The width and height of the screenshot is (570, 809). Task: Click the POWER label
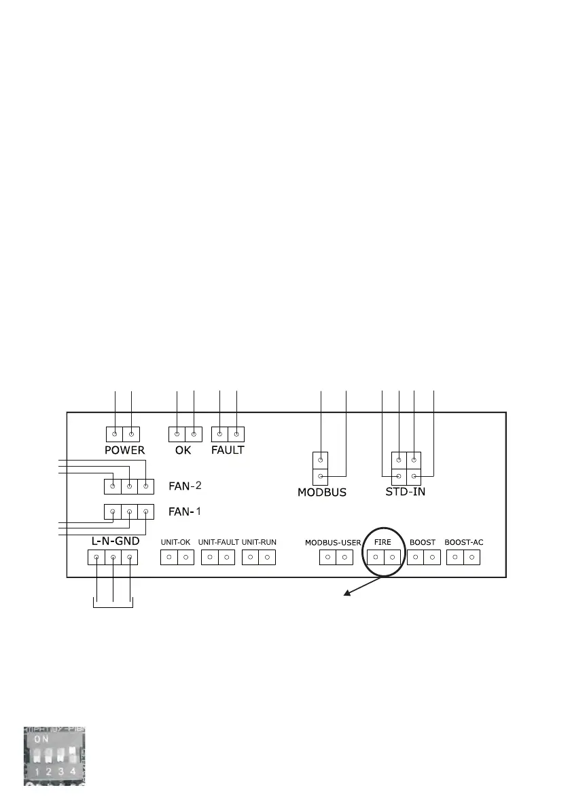[x=124, y=450]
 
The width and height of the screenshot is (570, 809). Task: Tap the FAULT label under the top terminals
[x=228, y=450]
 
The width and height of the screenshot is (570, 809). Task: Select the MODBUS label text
[x=322, y=492]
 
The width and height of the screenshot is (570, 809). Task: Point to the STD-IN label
[x=405, y=491]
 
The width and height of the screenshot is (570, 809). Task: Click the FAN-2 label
[x=185, y=486]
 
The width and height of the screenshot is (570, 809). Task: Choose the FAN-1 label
[x=181, y=511]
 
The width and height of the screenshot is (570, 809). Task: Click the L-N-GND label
[x=115, y=541]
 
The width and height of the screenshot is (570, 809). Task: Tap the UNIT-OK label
[x=175, y=543]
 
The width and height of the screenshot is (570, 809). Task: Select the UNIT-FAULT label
[x=218, y=543]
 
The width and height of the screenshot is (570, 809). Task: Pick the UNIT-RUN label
[x=259, y=543]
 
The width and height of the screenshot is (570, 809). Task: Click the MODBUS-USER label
[x=333, y=543]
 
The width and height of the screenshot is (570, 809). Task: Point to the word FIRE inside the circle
[x=382, y=543]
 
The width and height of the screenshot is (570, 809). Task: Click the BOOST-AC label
[x=464, y=543]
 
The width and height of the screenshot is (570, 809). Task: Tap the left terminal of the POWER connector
[x=115, y=433]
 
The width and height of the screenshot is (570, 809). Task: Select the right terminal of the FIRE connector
[x=391, y=558]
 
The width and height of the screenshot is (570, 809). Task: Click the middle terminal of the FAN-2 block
[x=129, y=486]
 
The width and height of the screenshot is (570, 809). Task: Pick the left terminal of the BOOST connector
[x=414, y=558]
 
